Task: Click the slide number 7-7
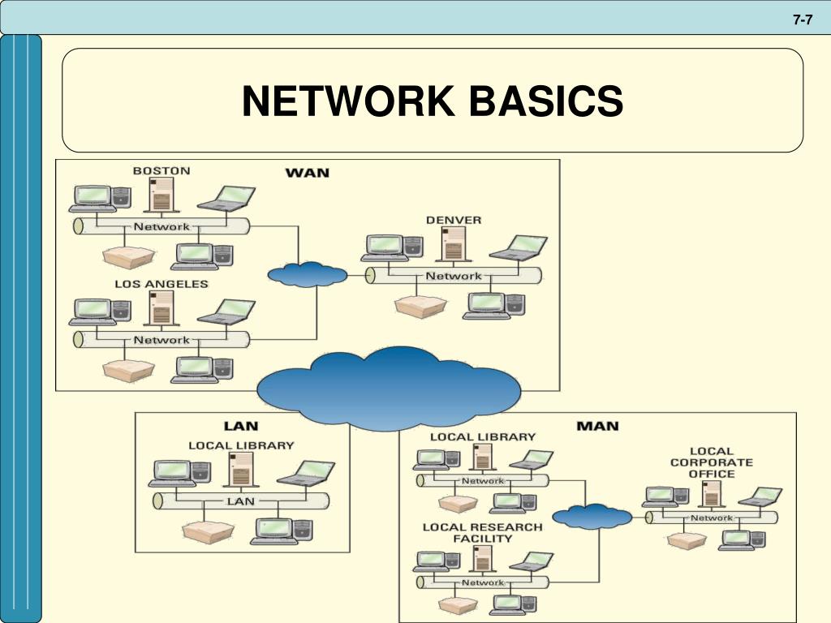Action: pyautogui.click(x=803, y=20)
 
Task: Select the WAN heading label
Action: pyautogui.click(x=307, y=173)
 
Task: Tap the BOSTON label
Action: pyautogui.click(x=161, y=170)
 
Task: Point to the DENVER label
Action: pyautogui.click(x=454, y=220)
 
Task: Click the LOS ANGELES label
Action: pyautogui.click(x=161, y=284)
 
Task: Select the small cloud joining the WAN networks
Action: pyautogui.click(x=307, y=274)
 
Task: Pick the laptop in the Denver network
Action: pyautogui.click(x=519, y=247)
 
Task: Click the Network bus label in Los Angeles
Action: pyautogui.click(x=161, y=340)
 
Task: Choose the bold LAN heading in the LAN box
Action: pyautogui.click(x=241, y=425)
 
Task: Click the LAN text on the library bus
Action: pyautogui.click(x=241, y=501)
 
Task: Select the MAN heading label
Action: pyautogui.click(x=596, y=425)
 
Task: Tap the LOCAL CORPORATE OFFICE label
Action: pyautogui.click(x=712, y=462)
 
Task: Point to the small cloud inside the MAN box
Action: pyautogui.click(x=592, y=516)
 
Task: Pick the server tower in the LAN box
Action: pyautogui.click(x=240, y=470)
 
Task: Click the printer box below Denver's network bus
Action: pyautogui.click(x=420, y=306)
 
